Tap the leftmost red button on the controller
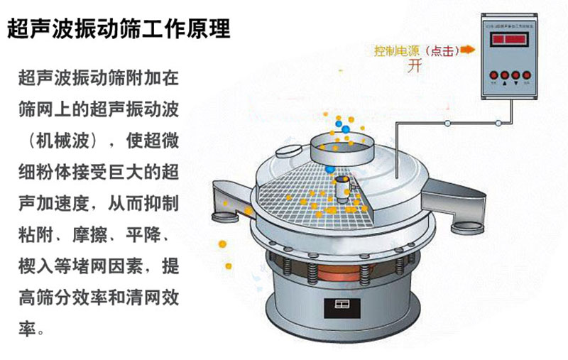coord(491,73)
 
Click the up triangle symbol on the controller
coord(503,83)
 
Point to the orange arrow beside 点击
coord(466,50)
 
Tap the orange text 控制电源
coord(396,51)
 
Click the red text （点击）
coord(439,51)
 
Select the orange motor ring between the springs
coord(334,273)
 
